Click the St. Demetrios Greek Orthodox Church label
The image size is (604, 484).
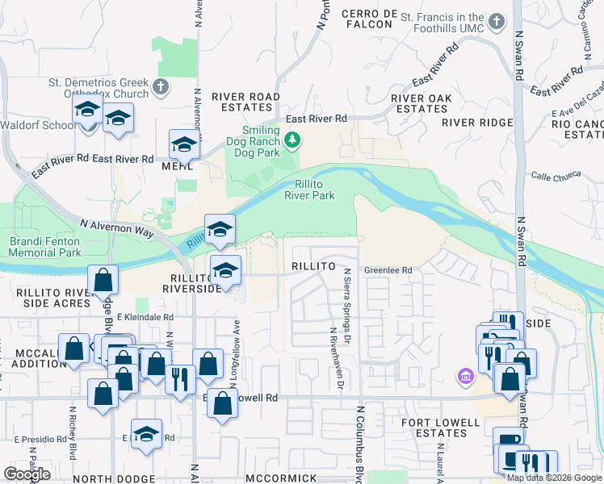coord(99,88)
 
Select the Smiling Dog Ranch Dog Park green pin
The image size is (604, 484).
coord(292,142)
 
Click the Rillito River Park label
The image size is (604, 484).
coord(309,189)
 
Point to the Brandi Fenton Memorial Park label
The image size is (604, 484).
coord(45,247)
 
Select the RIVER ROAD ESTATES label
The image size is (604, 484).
coord(245,102)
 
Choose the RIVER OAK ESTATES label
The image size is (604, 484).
coord(421,103)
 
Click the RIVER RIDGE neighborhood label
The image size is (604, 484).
coord(477,123)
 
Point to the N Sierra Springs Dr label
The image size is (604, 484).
coord(348,302)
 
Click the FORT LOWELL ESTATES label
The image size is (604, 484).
coord(435,427)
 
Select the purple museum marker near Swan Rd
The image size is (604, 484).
coord(464,376)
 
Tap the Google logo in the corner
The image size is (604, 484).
coord(27,474)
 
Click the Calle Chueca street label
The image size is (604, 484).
coord(556,176)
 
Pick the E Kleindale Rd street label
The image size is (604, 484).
coord(145,318)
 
